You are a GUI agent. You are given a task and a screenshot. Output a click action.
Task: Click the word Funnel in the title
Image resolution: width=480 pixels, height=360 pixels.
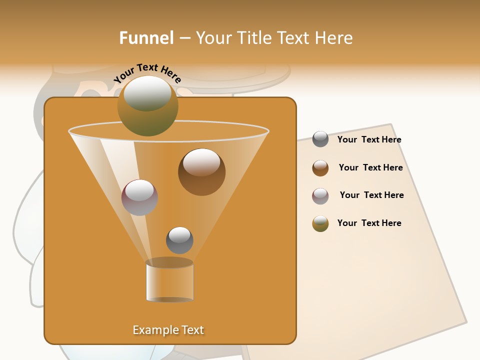click(146, 38)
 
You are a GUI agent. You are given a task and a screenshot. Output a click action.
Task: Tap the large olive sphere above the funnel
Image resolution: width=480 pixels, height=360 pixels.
click(147, 106)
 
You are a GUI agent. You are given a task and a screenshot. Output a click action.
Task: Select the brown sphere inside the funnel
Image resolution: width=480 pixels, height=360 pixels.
click(201, 172)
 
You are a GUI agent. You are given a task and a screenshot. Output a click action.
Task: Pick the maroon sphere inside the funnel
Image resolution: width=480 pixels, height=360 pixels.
click(139, 197)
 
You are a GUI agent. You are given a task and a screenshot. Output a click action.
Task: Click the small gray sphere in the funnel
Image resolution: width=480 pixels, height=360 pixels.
click(179, 240)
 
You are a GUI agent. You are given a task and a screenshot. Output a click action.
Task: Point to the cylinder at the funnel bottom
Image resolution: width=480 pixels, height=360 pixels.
click(169, 280)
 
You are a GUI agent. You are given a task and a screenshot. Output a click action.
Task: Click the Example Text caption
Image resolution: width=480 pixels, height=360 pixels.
click(168, 330)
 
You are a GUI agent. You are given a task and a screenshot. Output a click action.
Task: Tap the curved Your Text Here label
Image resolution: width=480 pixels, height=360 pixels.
click(147, 73)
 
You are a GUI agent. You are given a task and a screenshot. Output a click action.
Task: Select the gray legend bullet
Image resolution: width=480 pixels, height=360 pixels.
click(320, 139)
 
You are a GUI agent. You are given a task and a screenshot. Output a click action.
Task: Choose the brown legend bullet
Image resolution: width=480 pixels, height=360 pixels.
click(320, 168)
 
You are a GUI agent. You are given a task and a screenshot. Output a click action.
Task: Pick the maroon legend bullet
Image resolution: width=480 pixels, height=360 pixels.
click(320, 196)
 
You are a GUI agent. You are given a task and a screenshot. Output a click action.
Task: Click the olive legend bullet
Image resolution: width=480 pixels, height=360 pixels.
click(320, 223)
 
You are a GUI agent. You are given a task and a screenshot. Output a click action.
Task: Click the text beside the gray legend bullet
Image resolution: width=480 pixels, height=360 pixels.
click(369, 140)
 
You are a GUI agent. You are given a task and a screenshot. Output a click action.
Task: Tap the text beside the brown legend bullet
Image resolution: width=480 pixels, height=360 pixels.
click(370, 167)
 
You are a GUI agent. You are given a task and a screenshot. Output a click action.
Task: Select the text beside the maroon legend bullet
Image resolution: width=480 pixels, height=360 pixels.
click(371, 195)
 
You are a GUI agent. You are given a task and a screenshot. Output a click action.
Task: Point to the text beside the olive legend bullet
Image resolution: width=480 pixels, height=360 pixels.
click(369, 223)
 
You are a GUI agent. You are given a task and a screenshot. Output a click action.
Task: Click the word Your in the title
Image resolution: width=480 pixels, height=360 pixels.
click(211, 38)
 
